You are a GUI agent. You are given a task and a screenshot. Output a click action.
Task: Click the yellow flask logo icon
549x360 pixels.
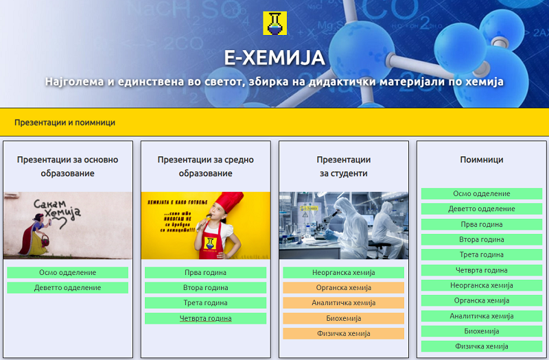click(274, 23)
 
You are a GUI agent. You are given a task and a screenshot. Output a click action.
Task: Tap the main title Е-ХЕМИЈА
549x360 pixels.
click(274, 58)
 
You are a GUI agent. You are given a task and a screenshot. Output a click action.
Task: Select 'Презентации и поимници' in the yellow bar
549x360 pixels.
click(65, 123)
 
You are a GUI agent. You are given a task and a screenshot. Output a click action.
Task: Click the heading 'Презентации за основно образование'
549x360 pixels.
click(67, 167)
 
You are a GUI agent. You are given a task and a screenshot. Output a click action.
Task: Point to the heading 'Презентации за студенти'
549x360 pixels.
click(343, 167)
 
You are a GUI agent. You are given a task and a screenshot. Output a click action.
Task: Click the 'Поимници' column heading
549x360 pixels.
click(481, 160)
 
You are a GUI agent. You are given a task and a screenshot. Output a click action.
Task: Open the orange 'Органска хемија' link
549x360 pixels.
click(343, 288)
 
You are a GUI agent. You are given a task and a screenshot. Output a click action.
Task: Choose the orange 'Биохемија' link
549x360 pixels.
click(343, 318)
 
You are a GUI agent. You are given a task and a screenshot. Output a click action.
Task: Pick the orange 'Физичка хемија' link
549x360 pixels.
click(343, 333)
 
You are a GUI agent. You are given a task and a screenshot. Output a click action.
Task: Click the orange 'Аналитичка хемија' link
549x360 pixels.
click(343, 303)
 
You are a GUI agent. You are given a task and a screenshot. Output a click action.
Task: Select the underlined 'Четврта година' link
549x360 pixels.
click(205, 318)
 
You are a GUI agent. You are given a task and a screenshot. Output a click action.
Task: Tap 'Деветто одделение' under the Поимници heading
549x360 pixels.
click(481, 209)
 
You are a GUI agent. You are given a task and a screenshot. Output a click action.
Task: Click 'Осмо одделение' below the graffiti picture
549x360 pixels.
click(67, 273)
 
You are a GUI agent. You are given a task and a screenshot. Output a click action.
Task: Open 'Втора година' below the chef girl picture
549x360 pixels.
click(205, 288)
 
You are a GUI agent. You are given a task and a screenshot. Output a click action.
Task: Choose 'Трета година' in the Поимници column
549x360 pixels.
click(481, 254)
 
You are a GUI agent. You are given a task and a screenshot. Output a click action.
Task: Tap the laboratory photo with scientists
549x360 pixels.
click(343, 225)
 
